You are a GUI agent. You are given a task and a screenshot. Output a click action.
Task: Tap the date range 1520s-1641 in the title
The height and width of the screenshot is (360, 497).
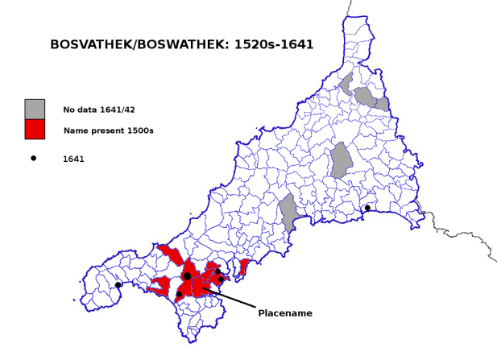coord(271,45)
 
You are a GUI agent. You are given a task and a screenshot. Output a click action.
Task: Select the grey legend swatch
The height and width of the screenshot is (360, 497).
coord(35,109)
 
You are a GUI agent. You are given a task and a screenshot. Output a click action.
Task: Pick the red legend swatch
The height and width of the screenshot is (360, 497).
coord(35,129)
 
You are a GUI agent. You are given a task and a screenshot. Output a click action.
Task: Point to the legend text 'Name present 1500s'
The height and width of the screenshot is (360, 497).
coord(108,130)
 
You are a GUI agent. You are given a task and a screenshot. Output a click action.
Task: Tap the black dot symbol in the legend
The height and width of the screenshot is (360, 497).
coord(34,159)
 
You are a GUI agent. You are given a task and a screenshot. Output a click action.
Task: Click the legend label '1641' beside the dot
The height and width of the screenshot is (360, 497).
coord(73,159)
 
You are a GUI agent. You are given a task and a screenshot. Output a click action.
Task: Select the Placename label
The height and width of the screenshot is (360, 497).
coord(284,312)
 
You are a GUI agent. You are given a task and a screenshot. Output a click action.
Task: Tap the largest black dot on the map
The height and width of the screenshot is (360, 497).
coord(187,276)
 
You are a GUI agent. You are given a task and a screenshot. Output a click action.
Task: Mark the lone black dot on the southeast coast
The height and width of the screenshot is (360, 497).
coord(367,208)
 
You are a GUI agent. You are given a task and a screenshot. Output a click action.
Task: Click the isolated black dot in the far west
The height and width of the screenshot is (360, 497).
coord(118,284)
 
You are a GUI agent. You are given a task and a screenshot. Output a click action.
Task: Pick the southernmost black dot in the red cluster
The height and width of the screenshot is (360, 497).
coord(179,294)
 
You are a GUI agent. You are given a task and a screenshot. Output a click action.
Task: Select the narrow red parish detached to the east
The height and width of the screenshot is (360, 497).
coord(244,267)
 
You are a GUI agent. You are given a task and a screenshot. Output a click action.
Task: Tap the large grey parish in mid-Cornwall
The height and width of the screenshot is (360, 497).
coord(342,159)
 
